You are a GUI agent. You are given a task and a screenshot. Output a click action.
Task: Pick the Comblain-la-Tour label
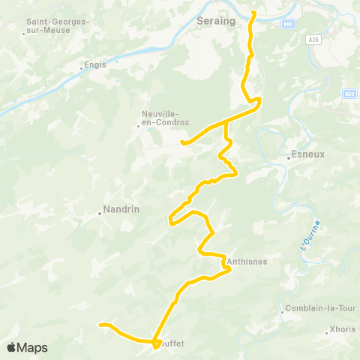(x=310, y=310)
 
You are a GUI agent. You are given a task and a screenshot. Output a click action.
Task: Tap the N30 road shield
(x=349, y=94)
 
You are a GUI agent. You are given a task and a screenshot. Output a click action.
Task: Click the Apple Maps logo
(x=27, y=348)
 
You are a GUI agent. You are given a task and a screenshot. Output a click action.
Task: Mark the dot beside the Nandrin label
(x=100, y=214)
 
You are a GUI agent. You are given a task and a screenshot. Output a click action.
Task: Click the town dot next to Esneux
(x=288, y=157)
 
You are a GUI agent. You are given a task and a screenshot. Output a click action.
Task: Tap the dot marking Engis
(x=82, y=68)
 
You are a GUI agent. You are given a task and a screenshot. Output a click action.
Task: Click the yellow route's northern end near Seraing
(x=253, y=13)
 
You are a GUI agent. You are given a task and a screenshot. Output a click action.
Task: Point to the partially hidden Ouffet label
(x=172, y=344)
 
